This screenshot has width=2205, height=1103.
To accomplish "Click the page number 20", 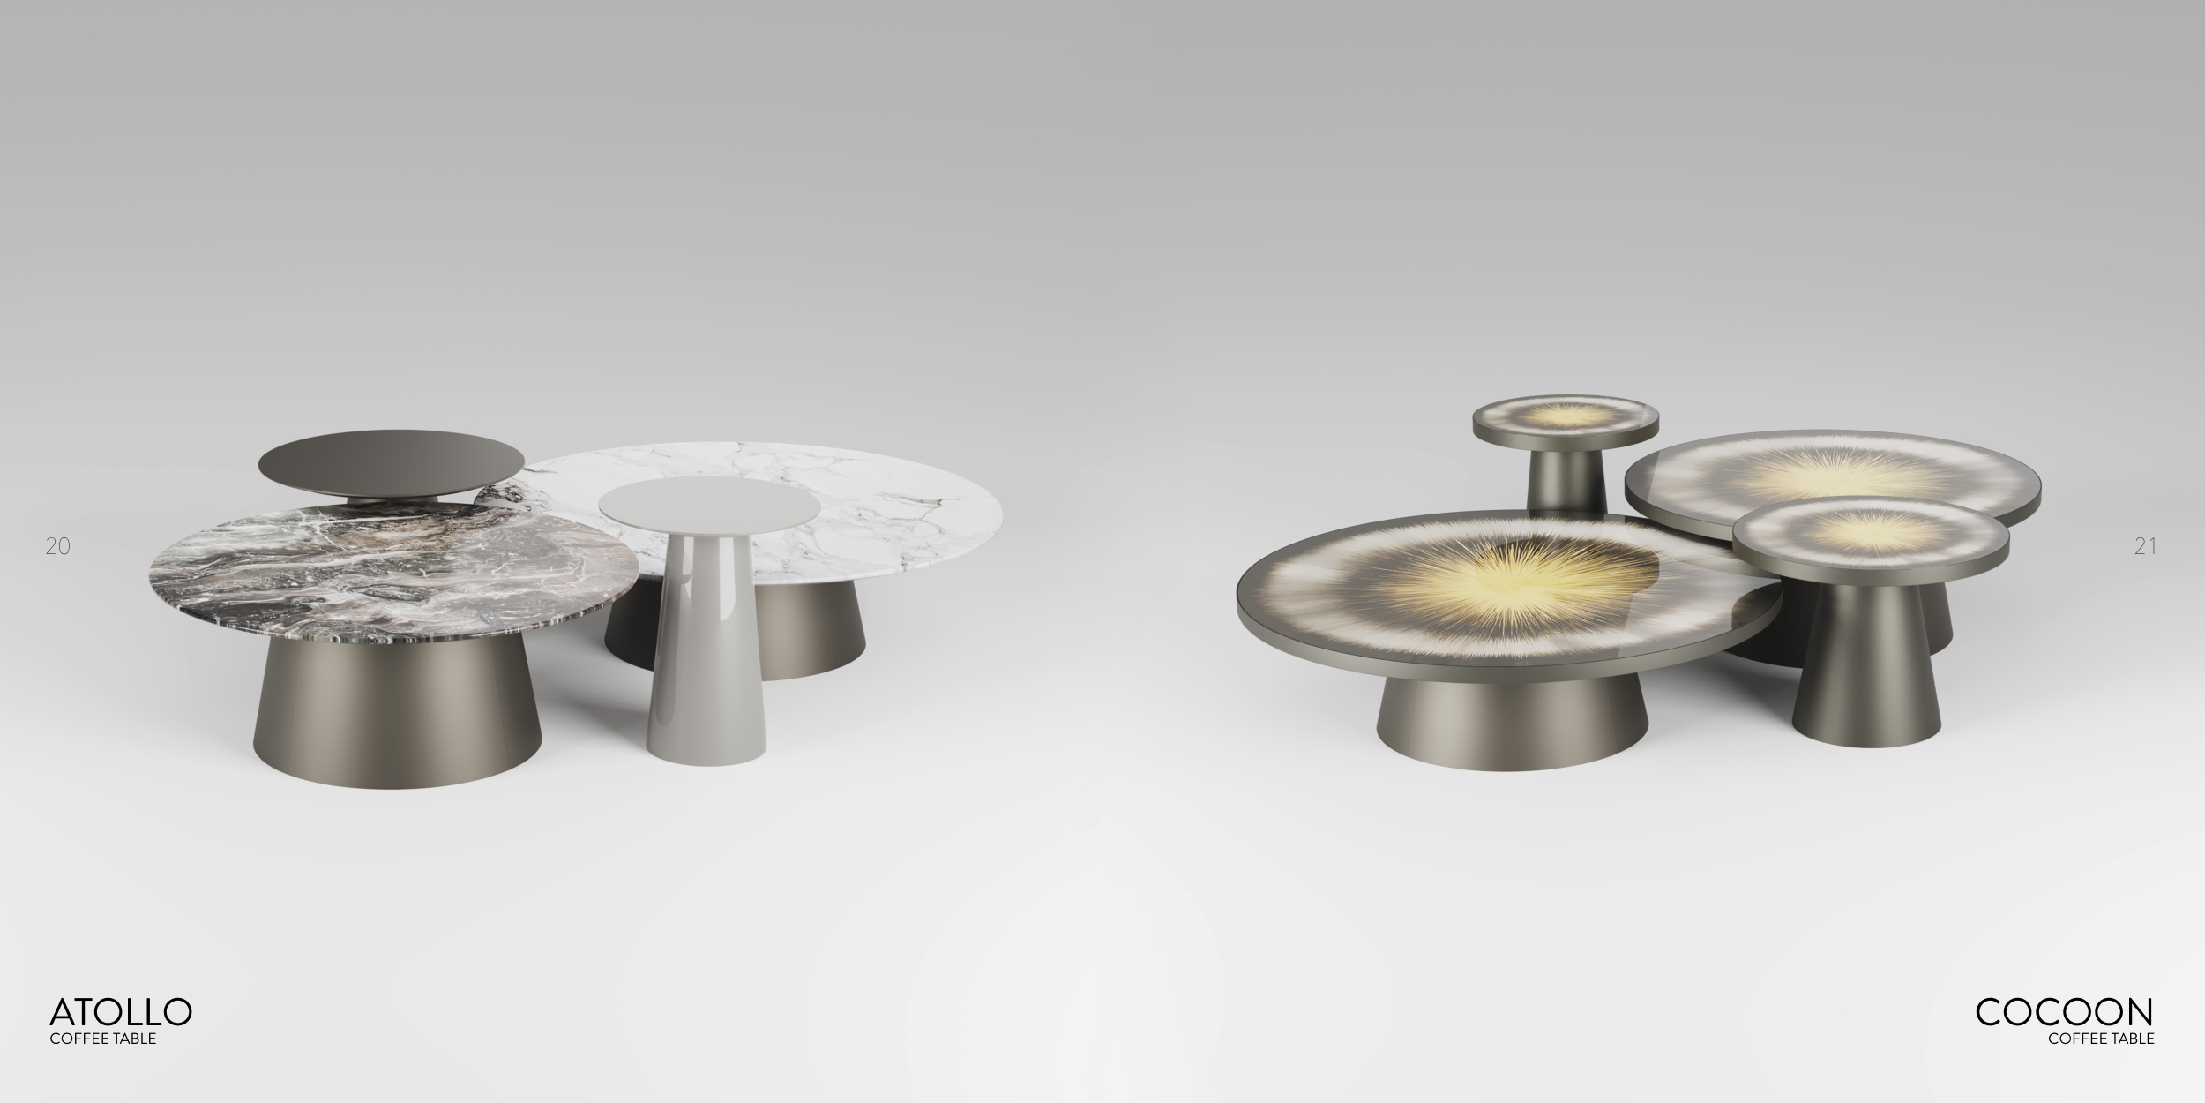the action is click(57, 547).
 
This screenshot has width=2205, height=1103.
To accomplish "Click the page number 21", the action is click(2145, 547).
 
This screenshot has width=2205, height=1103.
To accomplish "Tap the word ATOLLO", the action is click(121, 1011).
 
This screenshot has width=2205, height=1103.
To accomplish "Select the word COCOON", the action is click(2065, 1011).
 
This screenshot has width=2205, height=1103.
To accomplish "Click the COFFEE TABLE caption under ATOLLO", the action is click(103, 1039).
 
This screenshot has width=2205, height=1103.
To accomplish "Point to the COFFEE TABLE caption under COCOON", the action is click(2102, 1039).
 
